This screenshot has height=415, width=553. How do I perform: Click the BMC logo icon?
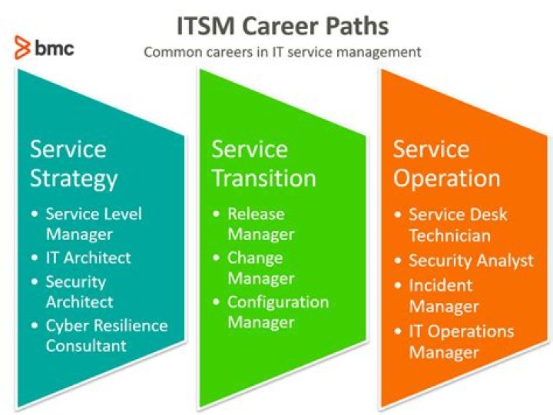[x=22, y=48]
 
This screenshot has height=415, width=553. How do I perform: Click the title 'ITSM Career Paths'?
[x=283, y=26]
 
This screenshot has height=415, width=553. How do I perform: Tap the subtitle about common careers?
[x=283, y=52]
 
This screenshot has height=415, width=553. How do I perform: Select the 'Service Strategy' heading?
[x=74, y=164]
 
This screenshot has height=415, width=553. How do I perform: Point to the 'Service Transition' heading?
[x=263, y=163]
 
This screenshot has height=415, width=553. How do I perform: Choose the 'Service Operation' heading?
[x=446, y=164]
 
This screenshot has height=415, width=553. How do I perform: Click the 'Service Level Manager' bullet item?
[x=94, y=224]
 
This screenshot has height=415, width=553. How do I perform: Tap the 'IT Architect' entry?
[x=88, y=258]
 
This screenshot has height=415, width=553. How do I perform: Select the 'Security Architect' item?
[x=79, y=291]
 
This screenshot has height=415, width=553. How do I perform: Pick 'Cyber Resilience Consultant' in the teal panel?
[x=107, y=335]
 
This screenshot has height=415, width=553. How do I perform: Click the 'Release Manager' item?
[x=260, y=224]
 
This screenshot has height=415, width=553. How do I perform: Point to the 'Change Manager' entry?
[x=260, y=268]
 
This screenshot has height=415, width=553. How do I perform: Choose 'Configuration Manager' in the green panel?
[x=278, y=312]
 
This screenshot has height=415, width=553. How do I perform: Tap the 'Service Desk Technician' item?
[x=458, y=225]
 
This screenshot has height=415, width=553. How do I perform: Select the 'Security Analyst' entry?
[x=471, y=261]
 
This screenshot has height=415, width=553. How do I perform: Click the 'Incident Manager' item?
[x=444, y=296]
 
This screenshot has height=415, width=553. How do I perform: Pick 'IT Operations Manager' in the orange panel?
[x=462, y=342]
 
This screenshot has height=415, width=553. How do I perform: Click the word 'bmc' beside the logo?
[x=55, y=48]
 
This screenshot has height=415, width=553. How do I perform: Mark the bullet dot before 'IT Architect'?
[x=35, y=258]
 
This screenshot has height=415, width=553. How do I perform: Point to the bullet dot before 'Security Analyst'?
[x=398, y=261]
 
